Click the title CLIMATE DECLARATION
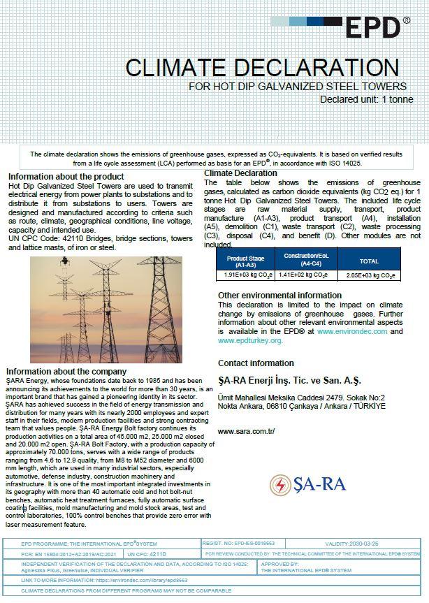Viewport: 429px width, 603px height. [262, 68]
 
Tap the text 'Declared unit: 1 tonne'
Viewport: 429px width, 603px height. [366, 99]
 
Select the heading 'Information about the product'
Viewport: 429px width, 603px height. [66, 177]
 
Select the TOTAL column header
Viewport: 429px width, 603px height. [369, 261]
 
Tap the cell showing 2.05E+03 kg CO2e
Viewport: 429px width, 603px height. [370, 275]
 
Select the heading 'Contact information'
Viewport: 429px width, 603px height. [256, 363]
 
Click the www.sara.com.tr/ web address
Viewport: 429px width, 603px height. [246, 431]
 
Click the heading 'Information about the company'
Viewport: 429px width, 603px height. [66, 371]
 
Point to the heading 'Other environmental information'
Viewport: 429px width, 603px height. [279, 296]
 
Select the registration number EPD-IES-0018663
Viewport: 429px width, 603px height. [254, 544]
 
